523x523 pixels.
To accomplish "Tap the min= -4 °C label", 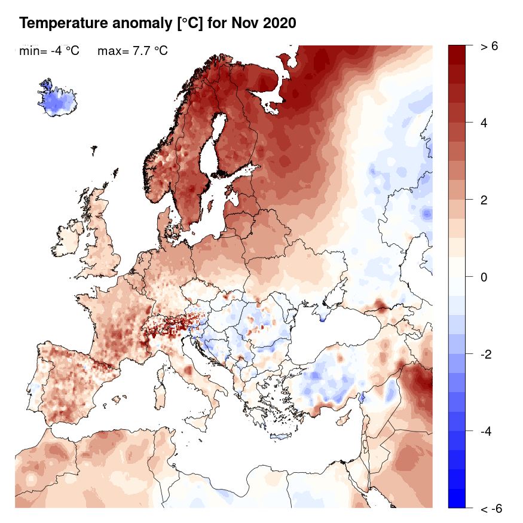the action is coord(49,51).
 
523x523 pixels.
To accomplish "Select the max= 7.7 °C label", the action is coord(132,51).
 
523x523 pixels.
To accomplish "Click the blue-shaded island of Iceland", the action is coord(57,100).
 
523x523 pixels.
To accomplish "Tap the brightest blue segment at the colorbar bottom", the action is coord(457,498).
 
